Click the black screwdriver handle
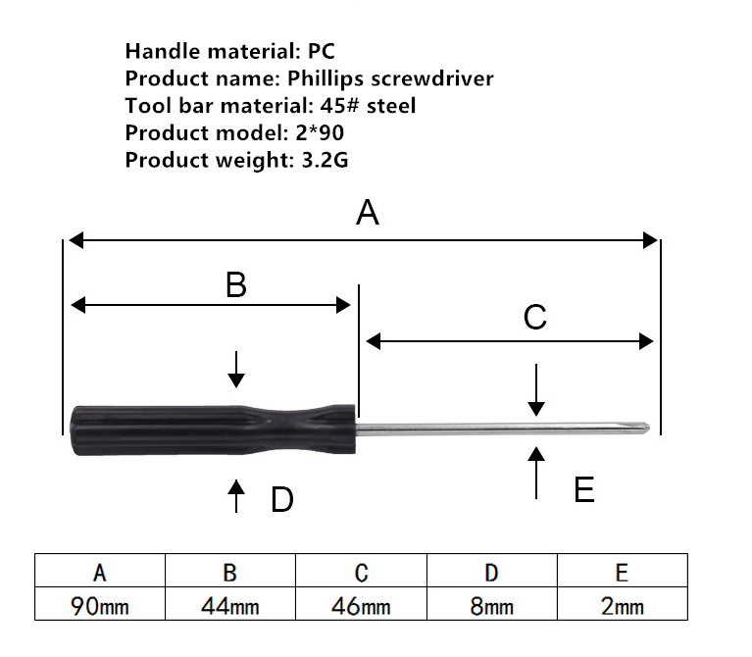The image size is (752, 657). (214, 430)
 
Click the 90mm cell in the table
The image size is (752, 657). (100, 604)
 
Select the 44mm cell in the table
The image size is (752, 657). (230, 604)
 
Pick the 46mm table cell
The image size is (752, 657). (361, 604)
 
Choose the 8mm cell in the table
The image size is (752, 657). (492, 604)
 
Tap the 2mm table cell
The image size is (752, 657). (623, 604)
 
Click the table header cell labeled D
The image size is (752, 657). (492, 571)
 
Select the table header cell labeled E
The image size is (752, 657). (623, 571)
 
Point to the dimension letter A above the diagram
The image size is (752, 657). (368, 213)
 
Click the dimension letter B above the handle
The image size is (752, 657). (236, 284)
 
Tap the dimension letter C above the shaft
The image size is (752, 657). (534, 317)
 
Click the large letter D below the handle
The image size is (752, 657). (282, 499)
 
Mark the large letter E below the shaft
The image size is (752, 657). (584, 489)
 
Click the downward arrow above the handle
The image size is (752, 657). (236, 370)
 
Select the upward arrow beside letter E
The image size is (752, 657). (536, 473)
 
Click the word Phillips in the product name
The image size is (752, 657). (326, 79)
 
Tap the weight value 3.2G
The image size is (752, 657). (325, 160)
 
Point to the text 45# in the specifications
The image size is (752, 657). (339, 106)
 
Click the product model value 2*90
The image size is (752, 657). (320, 132)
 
